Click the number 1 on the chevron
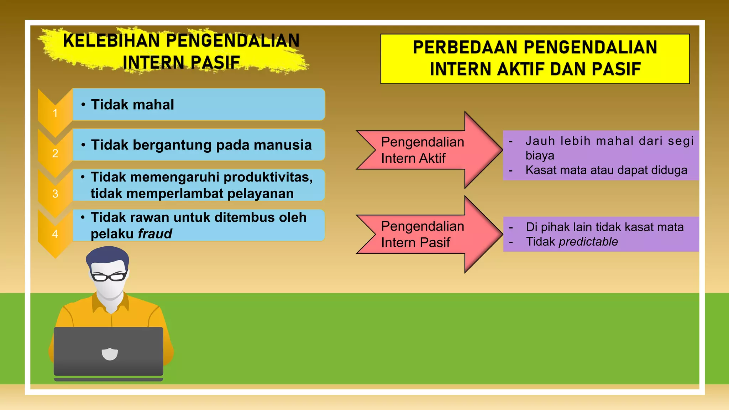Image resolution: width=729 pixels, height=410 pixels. click(55, 113)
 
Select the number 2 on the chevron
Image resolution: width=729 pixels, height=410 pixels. click(55, 153)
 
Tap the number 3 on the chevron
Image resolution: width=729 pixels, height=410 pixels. click(55, 194)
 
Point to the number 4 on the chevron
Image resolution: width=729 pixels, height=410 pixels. click(55, 234)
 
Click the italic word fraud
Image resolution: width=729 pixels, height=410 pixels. click(155, 234)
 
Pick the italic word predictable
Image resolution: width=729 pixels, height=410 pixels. click(588, 242)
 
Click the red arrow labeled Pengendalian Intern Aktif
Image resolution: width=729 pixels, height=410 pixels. click(427, 150)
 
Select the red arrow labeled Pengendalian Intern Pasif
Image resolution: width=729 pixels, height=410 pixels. click(427, 234)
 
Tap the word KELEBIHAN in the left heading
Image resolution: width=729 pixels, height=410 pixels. click(111, 41)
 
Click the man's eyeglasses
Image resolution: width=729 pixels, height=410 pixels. click(109, 276)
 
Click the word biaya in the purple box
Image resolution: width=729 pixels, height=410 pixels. click(540, 156)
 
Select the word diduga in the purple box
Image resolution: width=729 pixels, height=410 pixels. click(669, 170)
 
